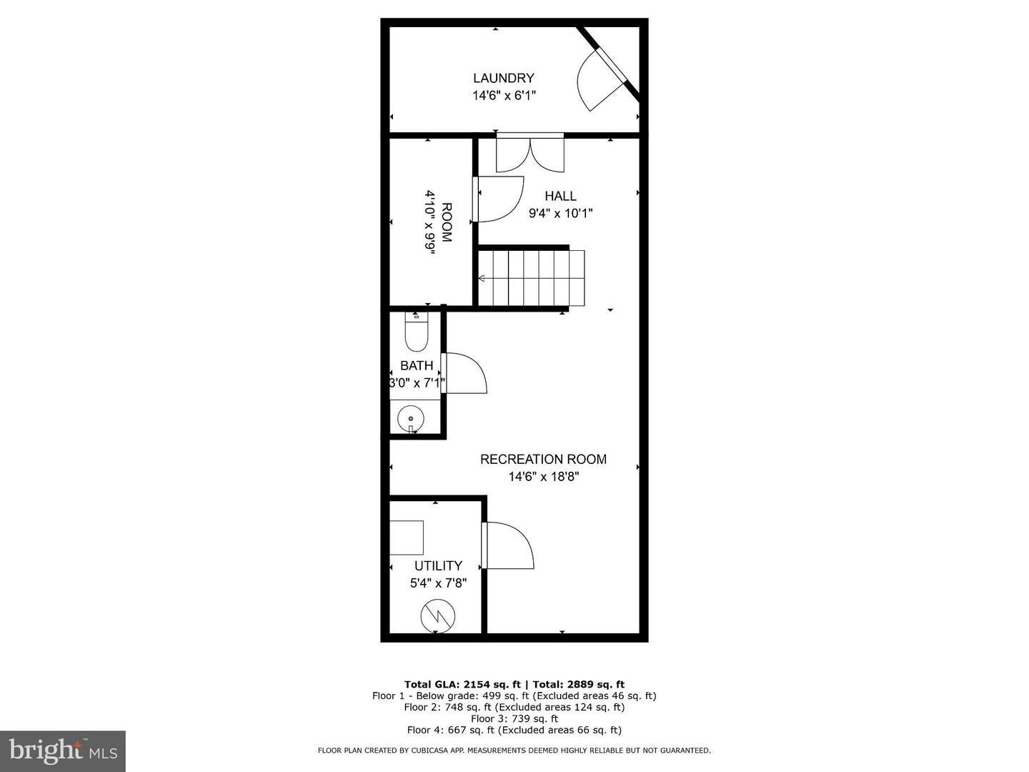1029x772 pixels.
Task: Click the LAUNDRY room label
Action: (x=503, y=78)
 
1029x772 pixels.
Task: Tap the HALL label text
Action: (x=560, y=196)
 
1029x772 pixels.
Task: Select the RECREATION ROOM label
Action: (x=543, y=459)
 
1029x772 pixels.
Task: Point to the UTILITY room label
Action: (x=438, y=565)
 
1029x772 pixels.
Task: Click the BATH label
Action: (x=417, y=366)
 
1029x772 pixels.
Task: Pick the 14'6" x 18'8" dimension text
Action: (x=543, y=477)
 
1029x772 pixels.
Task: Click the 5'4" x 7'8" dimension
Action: (x=438, y=583)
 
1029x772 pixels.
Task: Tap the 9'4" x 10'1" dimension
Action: (x=560, y=213)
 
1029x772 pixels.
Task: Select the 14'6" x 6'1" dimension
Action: (x=503, y=95)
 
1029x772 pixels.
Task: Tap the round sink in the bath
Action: (x=411, y=419)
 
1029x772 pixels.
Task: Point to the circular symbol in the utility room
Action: (x=437, y=615)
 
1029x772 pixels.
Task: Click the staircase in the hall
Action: (x=532, y=278)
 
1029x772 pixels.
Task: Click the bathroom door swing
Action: (x=465, y=373)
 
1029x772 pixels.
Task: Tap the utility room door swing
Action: (x=509, y=546)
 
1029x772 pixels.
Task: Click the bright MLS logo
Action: (x=63, y=751)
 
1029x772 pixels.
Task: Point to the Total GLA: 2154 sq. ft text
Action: (x=462, y=684)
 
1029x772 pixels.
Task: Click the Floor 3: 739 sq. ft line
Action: (x=514, y=718)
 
